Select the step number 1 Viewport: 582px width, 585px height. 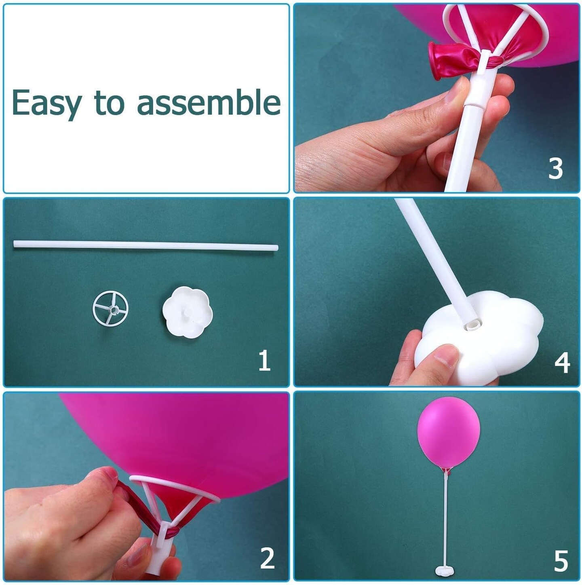[x=264, y=361]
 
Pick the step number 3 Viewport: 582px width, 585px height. [x=555, y=169]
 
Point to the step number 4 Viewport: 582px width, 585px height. [x=562, y=363]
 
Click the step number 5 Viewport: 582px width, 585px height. [x=561, y=561]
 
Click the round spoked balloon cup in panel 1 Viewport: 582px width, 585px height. [x=110, y=310]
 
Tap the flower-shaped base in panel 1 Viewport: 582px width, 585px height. [x=187, y=312]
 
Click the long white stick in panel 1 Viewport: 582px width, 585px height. [x=145, y=245]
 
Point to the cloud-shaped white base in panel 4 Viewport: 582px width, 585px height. [x=485, y=340]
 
